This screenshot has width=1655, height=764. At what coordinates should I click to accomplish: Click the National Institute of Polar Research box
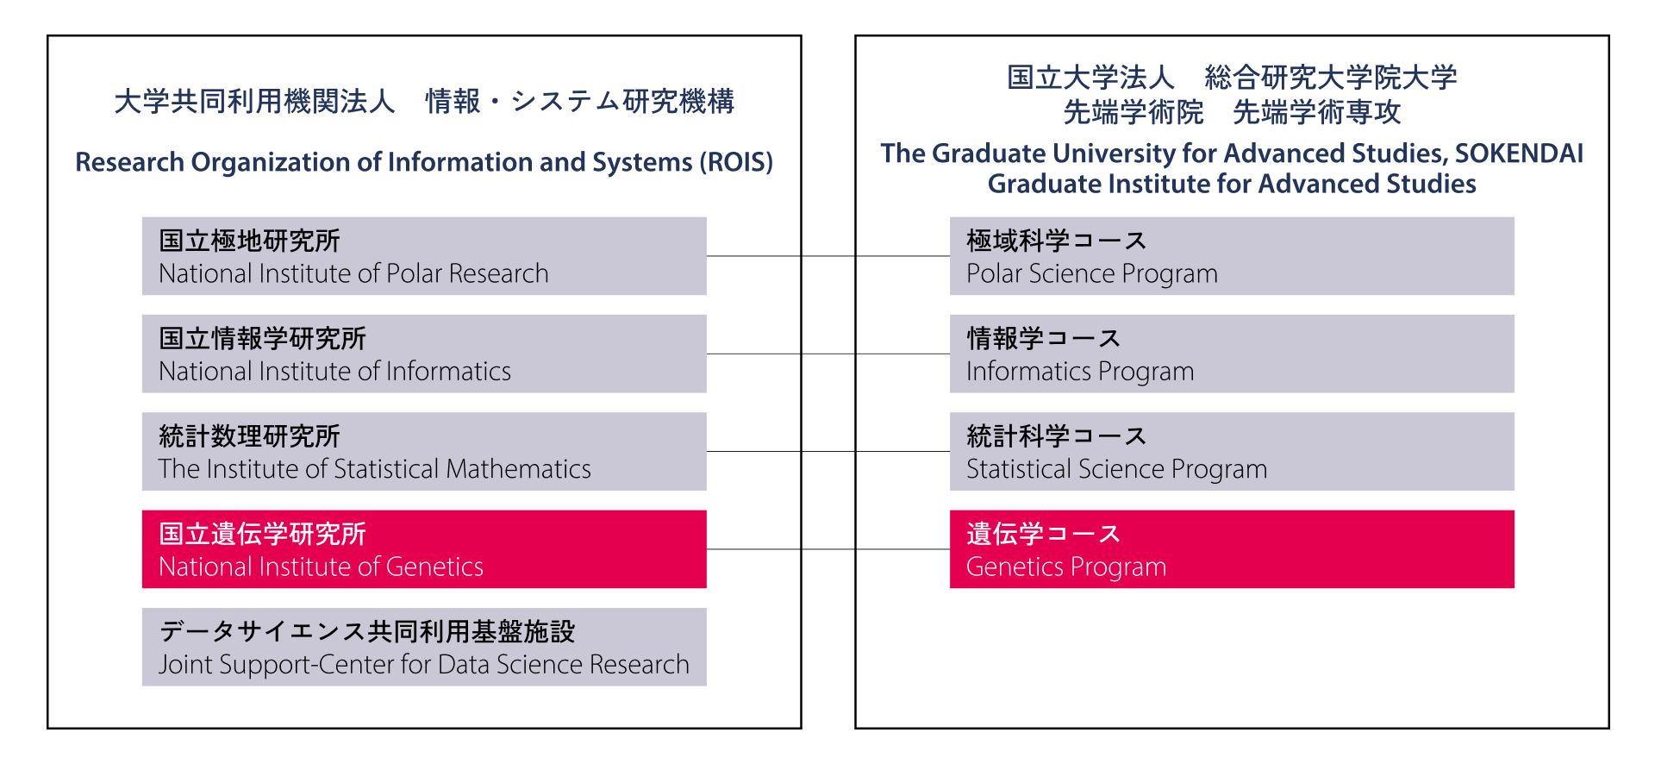(x=424, y=256)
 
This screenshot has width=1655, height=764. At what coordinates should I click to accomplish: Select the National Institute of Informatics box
(x=424, y=354)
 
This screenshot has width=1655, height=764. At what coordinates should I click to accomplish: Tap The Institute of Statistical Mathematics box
(x=424, y=451)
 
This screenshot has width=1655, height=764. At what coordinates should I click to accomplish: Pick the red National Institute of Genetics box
(x=424, y=549)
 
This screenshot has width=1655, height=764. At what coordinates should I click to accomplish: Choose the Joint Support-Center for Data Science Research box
(x=424, y=647)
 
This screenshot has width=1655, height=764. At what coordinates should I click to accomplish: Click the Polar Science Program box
(x=1232, y=256)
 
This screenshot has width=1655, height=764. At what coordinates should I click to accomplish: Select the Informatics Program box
(x=1232, y=354)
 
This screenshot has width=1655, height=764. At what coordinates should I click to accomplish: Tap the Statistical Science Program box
(x=1232, y=451)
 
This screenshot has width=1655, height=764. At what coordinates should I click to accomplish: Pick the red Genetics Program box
(x=1232, y=549)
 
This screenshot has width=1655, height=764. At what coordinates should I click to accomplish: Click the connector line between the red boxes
(x=828, y=549)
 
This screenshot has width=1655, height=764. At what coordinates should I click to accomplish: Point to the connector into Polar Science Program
(x=828, y=256)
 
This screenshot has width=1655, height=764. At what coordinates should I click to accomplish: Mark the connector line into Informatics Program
(x=828, y=354)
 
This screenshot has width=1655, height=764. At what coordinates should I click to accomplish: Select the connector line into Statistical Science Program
(x=828, y=451)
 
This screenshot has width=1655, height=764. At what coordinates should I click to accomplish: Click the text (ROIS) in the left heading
(x=736, y=162)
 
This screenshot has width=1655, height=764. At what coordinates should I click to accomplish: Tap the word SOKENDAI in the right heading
(x=1519, y=153)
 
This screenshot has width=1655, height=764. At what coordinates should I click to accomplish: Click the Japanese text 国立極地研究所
(x=250, y=241)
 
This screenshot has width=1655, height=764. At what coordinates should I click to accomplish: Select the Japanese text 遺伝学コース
(x=1044, y=534)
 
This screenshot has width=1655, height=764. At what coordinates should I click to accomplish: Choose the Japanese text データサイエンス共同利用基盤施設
(x=367, y=631)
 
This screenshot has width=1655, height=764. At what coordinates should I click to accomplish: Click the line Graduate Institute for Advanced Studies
(x=1232, y=184)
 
